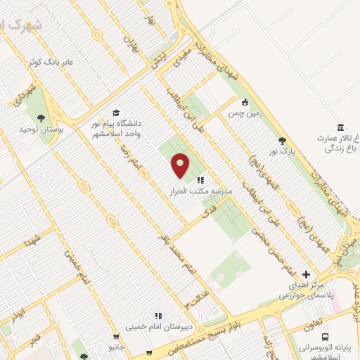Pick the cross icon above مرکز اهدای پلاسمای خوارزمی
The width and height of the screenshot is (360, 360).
click(305, 274)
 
